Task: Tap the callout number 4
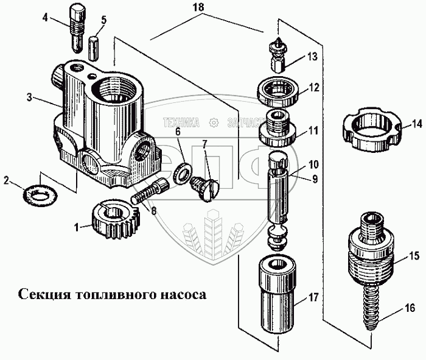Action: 46,18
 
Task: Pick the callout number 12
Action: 313,87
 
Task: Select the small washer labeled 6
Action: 180,174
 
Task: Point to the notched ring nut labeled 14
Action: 369,131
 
